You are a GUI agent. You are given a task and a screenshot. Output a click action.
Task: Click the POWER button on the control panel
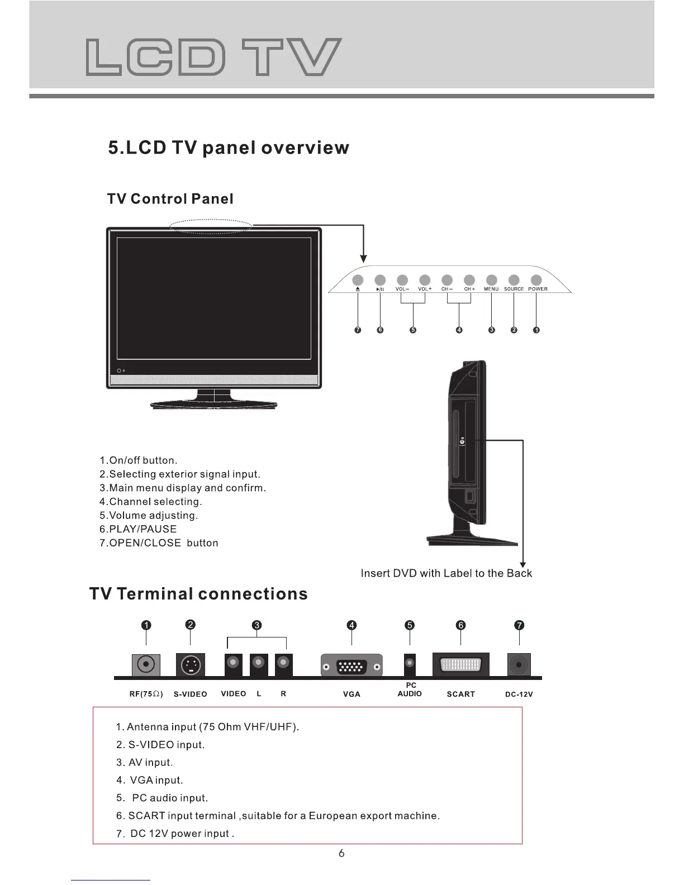coord(536,280)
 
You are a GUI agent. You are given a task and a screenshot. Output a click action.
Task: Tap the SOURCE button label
coord(514,289)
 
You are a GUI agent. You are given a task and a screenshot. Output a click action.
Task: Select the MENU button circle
coord(491,280)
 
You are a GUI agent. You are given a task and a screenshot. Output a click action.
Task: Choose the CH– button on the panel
coord(446,280)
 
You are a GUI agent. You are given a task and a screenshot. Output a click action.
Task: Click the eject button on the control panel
coord(358,280)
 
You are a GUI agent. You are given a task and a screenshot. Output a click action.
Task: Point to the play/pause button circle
coord(380,280)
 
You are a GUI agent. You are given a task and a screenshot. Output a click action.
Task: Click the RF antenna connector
coord(146,664)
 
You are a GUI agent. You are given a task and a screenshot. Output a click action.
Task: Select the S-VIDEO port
coord(191,665)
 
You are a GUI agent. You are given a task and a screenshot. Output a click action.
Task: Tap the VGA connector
coord(351,666)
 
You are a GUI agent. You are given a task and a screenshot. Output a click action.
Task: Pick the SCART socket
coord(461,665)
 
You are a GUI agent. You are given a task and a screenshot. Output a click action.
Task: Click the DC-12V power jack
coord(519,665)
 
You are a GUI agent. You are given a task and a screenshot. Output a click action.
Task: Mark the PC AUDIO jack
coord(410,664)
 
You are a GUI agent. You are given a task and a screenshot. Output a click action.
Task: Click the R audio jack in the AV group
coord(284,663)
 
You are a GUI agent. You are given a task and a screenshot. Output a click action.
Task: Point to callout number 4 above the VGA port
coord(351,625)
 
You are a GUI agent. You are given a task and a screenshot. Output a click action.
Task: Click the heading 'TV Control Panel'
coord(170,199)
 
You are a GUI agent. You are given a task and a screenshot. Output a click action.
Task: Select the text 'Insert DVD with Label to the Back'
coord(446,573)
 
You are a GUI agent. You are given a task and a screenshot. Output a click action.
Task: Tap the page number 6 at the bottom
coord(341,853)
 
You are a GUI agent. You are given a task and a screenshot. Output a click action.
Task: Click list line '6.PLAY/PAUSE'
coord(138,529)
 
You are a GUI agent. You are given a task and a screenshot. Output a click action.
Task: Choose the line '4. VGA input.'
coord(150,780)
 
